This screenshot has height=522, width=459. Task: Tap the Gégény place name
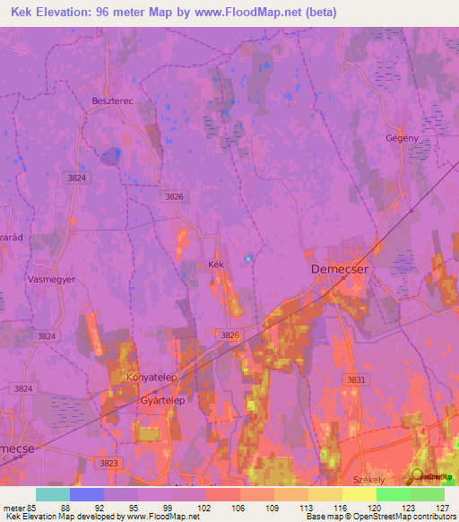(x=402, y=137)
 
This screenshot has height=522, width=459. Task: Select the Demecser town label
(x=339, y=268)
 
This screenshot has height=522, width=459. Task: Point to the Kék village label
(x=214, y=265)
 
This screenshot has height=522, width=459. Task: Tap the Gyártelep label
(x=162, y=401)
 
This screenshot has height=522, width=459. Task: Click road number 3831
(x=357, y=380)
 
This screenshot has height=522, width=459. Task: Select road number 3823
(x=108, y=463)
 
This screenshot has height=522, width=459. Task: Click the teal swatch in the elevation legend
(x=53, y=494)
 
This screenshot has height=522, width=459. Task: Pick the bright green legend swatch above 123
(x=393, y=494)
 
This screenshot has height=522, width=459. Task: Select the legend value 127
(x=437, y=508)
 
